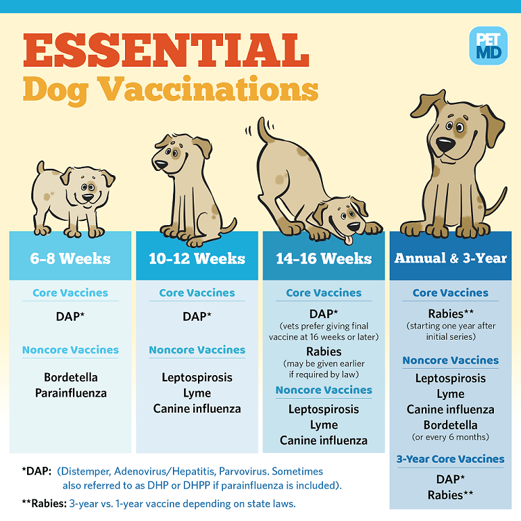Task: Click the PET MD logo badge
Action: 488,45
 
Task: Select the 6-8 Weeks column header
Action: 70,258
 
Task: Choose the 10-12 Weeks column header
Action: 197,258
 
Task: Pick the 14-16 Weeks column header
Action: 324,258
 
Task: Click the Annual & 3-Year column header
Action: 450,258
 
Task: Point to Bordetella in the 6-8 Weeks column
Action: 70,377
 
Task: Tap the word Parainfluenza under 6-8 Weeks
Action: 70,392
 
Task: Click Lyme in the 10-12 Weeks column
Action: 197,392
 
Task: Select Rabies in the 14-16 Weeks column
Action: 324,352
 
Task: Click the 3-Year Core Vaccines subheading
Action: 450,459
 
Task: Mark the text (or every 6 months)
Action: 450,437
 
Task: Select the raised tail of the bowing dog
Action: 264,129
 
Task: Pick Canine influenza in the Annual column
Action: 450,409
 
